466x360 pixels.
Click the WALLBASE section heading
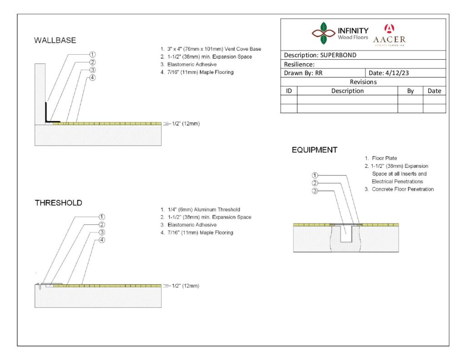pos(55,40)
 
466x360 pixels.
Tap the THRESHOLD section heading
pos(59,203)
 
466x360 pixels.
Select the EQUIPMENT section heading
pos(314,150)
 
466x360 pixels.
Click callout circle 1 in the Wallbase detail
pos(92,55)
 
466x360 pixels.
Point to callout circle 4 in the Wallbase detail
pos(92,77)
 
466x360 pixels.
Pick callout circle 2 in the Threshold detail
pos(101,225)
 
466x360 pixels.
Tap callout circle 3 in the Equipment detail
pos(315,191)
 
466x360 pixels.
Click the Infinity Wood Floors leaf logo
pos(324,33)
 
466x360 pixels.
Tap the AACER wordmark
pos(390,40)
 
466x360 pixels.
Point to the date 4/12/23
pos(397,73)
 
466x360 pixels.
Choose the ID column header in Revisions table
pos(289,91)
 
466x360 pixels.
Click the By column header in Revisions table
pos(410,91)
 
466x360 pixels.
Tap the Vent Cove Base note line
pos(211,49)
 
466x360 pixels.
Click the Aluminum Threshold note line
pos(200,209)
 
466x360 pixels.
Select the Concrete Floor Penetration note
pos(399,189)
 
